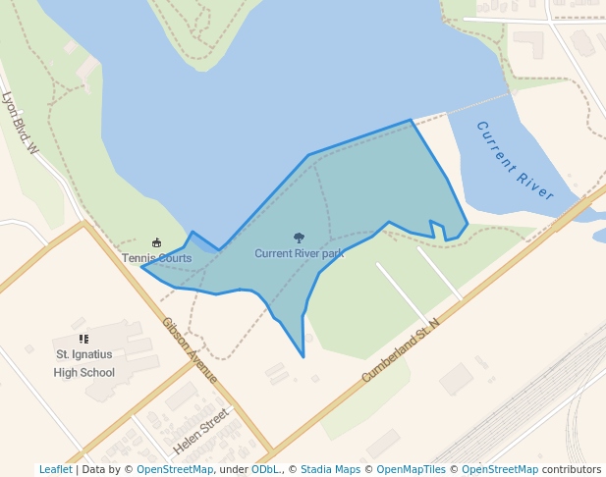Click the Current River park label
(300, 253)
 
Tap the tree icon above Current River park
(299, 238)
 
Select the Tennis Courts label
(157, 258)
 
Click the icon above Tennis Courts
(156, 242)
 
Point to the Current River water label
(514, 161)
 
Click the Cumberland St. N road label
(403, 349)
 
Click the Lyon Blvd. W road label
(20, 123)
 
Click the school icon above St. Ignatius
(83, 339)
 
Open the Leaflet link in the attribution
(56, 469)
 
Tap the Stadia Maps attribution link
(330, 469)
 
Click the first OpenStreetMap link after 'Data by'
(175, 469)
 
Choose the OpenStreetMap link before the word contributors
(500, 469)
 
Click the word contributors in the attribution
(572, 469)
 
